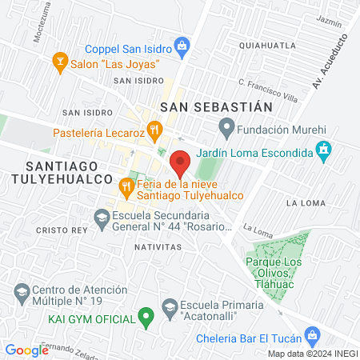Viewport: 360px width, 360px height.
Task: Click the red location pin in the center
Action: pos(181,163)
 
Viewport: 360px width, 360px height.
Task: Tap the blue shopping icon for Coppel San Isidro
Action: pos(182,46)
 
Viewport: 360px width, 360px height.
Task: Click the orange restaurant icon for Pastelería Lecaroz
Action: pos(155,129)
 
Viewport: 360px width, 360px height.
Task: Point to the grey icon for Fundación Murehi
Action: pos(227,126)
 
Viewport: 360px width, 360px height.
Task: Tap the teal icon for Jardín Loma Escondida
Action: pos(322,150)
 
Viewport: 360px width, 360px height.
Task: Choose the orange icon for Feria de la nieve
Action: pos(126,186)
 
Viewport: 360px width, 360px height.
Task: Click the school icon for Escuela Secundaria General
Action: pos(102,217)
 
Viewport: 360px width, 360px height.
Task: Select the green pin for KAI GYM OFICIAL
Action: pos(146,318)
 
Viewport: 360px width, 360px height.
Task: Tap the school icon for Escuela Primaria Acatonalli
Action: pos(170,306)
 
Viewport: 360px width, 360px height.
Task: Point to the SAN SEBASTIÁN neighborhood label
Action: pos(216,106)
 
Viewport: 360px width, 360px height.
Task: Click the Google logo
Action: pos(26,350)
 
